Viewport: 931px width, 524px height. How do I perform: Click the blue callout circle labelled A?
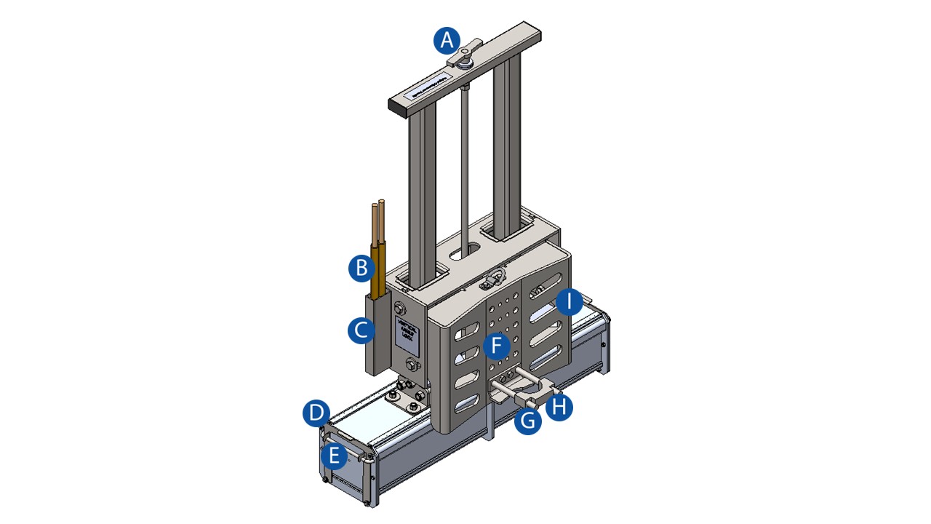point(448,40)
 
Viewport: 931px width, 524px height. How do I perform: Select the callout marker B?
point(361,268)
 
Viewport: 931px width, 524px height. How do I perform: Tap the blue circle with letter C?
point(361,331)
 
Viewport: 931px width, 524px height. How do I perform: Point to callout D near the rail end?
point(316,414)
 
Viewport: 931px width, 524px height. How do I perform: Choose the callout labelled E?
point(333,456)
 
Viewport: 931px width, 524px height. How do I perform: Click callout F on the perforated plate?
point(497,345)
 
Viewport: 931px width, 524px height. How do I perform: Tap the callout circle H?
point(559,407)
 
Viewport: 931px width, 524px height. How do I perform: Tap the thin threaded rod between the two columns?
point(463,160)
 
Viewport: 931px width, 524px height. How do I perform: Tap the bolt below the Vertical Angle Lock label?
point(412,365)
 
